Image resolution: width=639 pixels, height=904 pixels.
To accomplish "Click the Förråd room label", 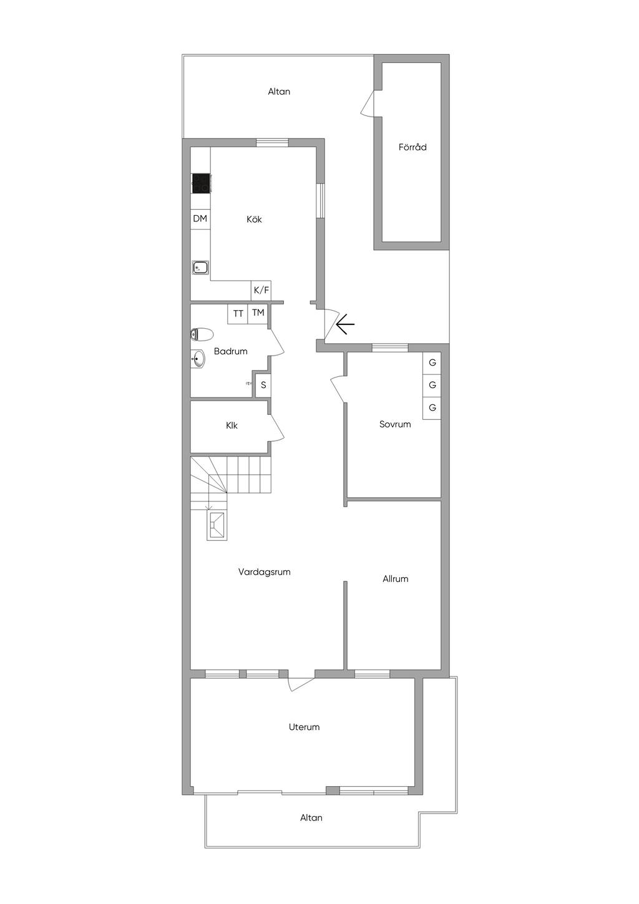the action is pyautogui.click(x=412, y=147).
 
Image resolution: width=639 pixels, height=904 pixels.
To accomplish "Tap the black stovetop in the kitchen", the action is pyautogui.click(x=201, y=183).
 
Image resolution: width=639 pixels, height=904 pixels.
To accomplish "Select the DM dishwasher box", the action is pyautogui.click(x=200, y=219).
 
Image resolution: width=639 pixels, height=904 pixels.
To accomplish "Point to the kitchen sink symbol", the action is pyautogui.click(x=200, y=267).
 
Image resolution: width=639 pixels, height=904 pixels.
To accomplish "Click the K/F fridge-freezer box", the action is pyautogui.click(x=261, y=290).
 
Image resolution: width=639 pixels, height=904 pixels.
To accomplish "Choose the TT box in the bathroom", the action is pyautogui.click(x=238, y=314).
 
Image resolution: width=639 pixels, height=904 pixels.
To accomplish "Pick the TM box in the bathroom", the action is pyautogui.click(x=258, y=313).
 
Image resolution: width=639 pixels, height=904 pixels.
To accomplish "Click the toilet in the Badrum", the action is pyautogui.click(x=202, y=334).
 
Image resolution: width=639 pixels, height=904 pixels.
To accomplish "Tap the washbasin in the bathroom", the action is pyautogui.click(x=198, y=358).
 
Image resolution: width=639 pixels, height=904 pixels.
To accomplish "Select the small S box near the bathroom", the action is pyautogui.click(x=263, y=385).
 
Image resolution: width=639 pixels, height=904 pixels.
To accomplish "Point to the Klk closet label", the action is pyautogui.click(x=232, y=425).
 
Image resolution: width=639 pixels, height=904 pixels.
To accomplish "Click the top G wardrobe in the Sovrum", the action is pyautogui.click(x=432, y=362).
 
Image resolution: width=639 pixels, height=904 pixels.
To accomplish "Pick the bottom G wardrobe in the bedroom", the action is pyautogui.click(x=432, y=407).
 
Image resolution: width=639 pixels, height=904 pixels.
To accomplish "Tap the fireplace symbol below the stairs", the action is pyautogui.click(x=217, y=525).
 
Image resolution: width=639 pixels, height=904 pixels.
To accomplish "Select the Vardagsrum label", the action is pyautogui.click(x=265, y=572).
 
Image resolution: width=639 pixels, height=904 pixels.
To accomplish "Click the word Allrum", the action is pyautogui.click(x=395, y=579).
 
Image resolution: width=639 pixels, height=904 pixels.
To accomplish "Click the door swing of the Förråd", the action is pyautogui.click(x=368, y=103).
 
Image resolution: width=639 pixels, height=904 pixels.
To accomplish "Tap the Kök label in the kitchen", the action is pyautogui.click(x=254, y=219).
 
